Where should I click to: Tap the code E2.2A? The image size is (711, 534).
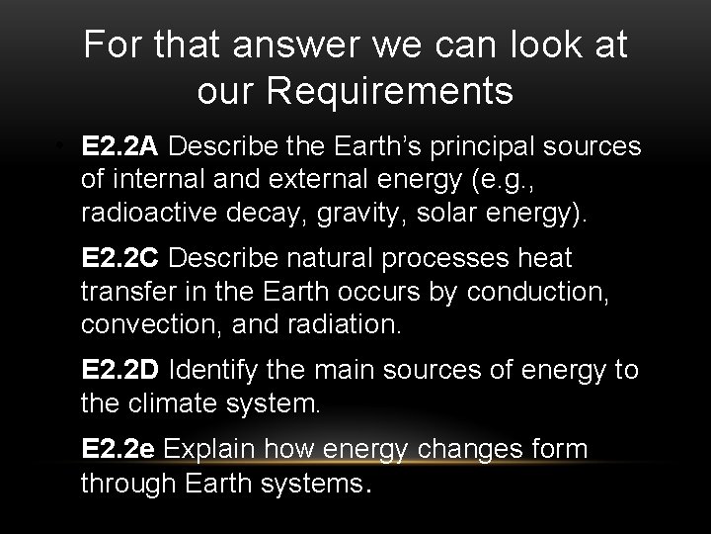pos(121,148)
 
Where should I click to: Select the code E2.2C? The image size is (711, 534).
pos(121,259)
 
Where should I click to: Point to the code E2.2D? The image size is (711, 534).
pos(121,370)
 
